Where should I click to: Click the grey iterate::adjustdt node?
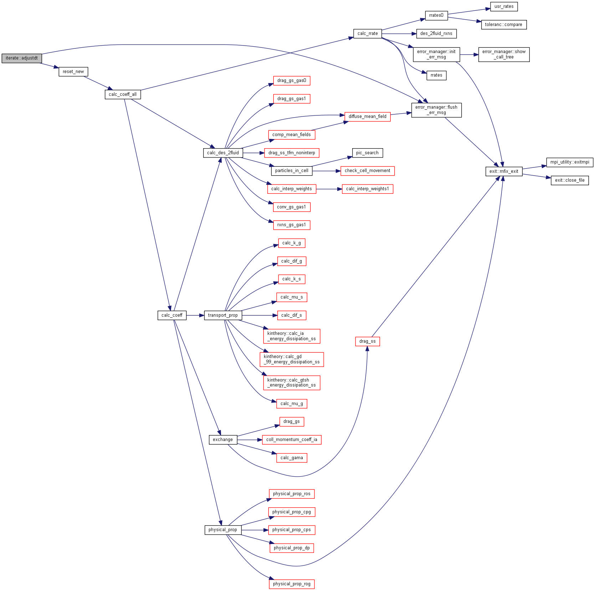tap(22, 58)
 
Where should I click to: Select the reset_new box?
tap(73, 72)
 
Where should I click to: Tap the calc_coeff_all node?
tap(123, 94)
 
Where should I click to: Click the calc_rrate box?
tap(368, 33)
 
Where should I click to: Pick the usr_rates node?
tap(504, 6)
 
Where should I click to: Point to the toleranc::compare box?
tap(503, 25)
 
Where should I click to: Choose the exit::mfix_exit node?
tap(503, 171)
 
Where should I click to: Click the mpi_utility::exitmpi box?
tap(569, 162)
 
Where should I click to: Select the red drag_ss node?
tap(367, 341)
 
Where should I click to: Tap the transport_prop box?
tap(223, 315)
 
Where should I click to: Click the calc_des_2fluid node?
tap(223, 153)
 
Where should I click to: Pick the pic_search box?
tap(367, 153)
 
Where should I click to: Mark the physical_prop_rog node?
tap(292, 584)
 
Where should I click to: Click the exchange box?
tap(223, 440)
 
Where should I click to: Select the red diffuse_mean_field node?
tap(367, 116)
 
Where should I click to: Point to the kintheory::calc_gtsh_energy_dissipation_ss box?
tap(292, 383)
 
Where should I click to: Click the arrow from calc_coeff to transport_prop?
tap(195, 315)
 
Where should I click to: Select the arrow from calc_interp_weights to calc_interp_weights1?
tap(329, 189)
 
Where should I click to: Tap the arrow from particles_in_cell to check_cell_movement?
tap(326, 171)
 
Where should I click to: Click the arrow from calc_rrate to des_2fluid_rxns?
tap(399, 34)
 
